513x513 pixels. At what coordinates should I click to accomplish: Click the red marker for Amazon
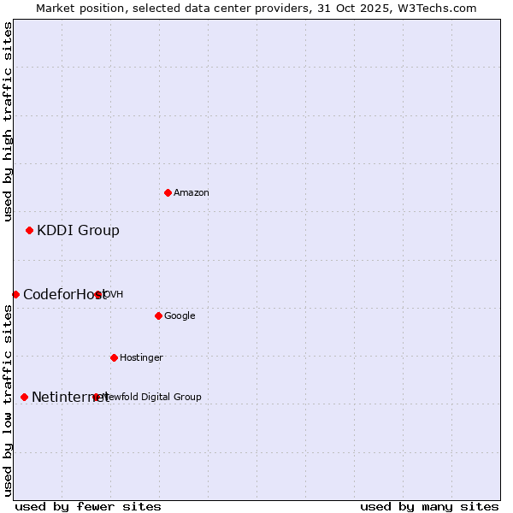(168, 192)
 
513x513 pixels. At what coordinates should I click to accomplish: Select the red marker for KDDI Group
(29, 230)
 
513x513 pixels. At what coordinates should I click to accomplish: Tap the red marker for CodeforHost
(15, 294)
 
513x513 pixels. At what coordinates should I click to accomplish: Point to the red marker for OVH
(98, 294)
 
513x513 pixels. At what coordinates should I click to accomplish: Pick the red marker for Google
(158, 315)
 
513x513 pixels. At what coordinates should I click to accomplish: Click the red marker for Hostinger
(114, 357)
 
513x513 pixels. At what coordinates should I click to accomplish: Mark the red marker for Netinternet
(24, 397)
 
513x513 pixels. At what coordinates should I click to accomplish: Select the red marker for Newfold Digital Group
(96, 397)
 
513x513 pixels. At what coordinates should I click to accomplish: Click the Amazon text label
(191, 193)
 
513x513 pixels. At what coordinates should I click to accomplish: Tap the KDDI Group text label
(78, 230)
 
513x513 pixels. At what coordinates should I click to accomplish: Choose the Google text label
(180, 316)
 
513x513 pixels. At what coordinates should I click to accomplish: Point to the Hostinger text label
(141, 358)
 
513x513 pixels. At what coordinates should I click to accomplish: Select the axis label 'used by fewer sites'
(88, 506)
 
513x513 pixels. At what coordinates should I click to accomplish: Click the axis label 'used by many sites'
(429, 506)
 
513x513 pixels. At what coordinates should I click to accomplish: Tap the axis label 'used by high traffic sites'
(8, 121)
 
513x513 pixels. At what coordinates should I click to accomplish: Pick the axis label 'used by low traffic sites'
(8, 400)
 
